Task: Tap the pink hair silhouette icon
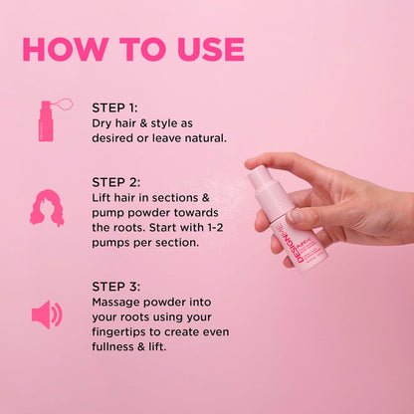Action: click(x=47, y=204)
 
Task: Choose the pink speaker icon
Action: click(x=46, y=314)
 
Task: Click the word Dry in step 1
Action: click(x=104, y=122)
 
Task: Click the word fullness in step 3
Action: click(x=118, y=346)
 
